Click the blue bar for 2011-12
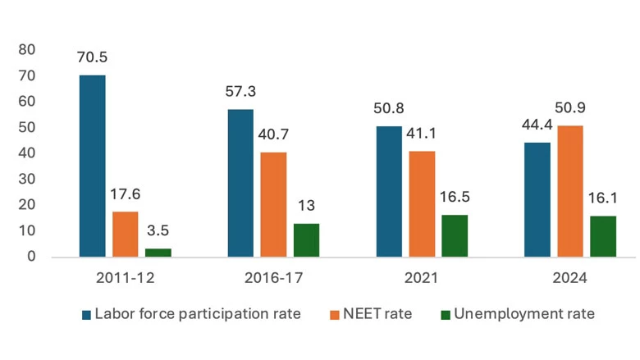tap(92, 166)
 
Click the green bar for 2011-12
tap(158, 253)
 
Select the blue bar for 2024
tap(537, 199)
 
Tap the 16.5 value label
tap(454, 198)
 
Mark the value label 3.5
tap(158, 231)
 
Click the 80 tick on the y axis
tap(28, 49)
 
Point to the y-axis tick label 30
tap(28, 179)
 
